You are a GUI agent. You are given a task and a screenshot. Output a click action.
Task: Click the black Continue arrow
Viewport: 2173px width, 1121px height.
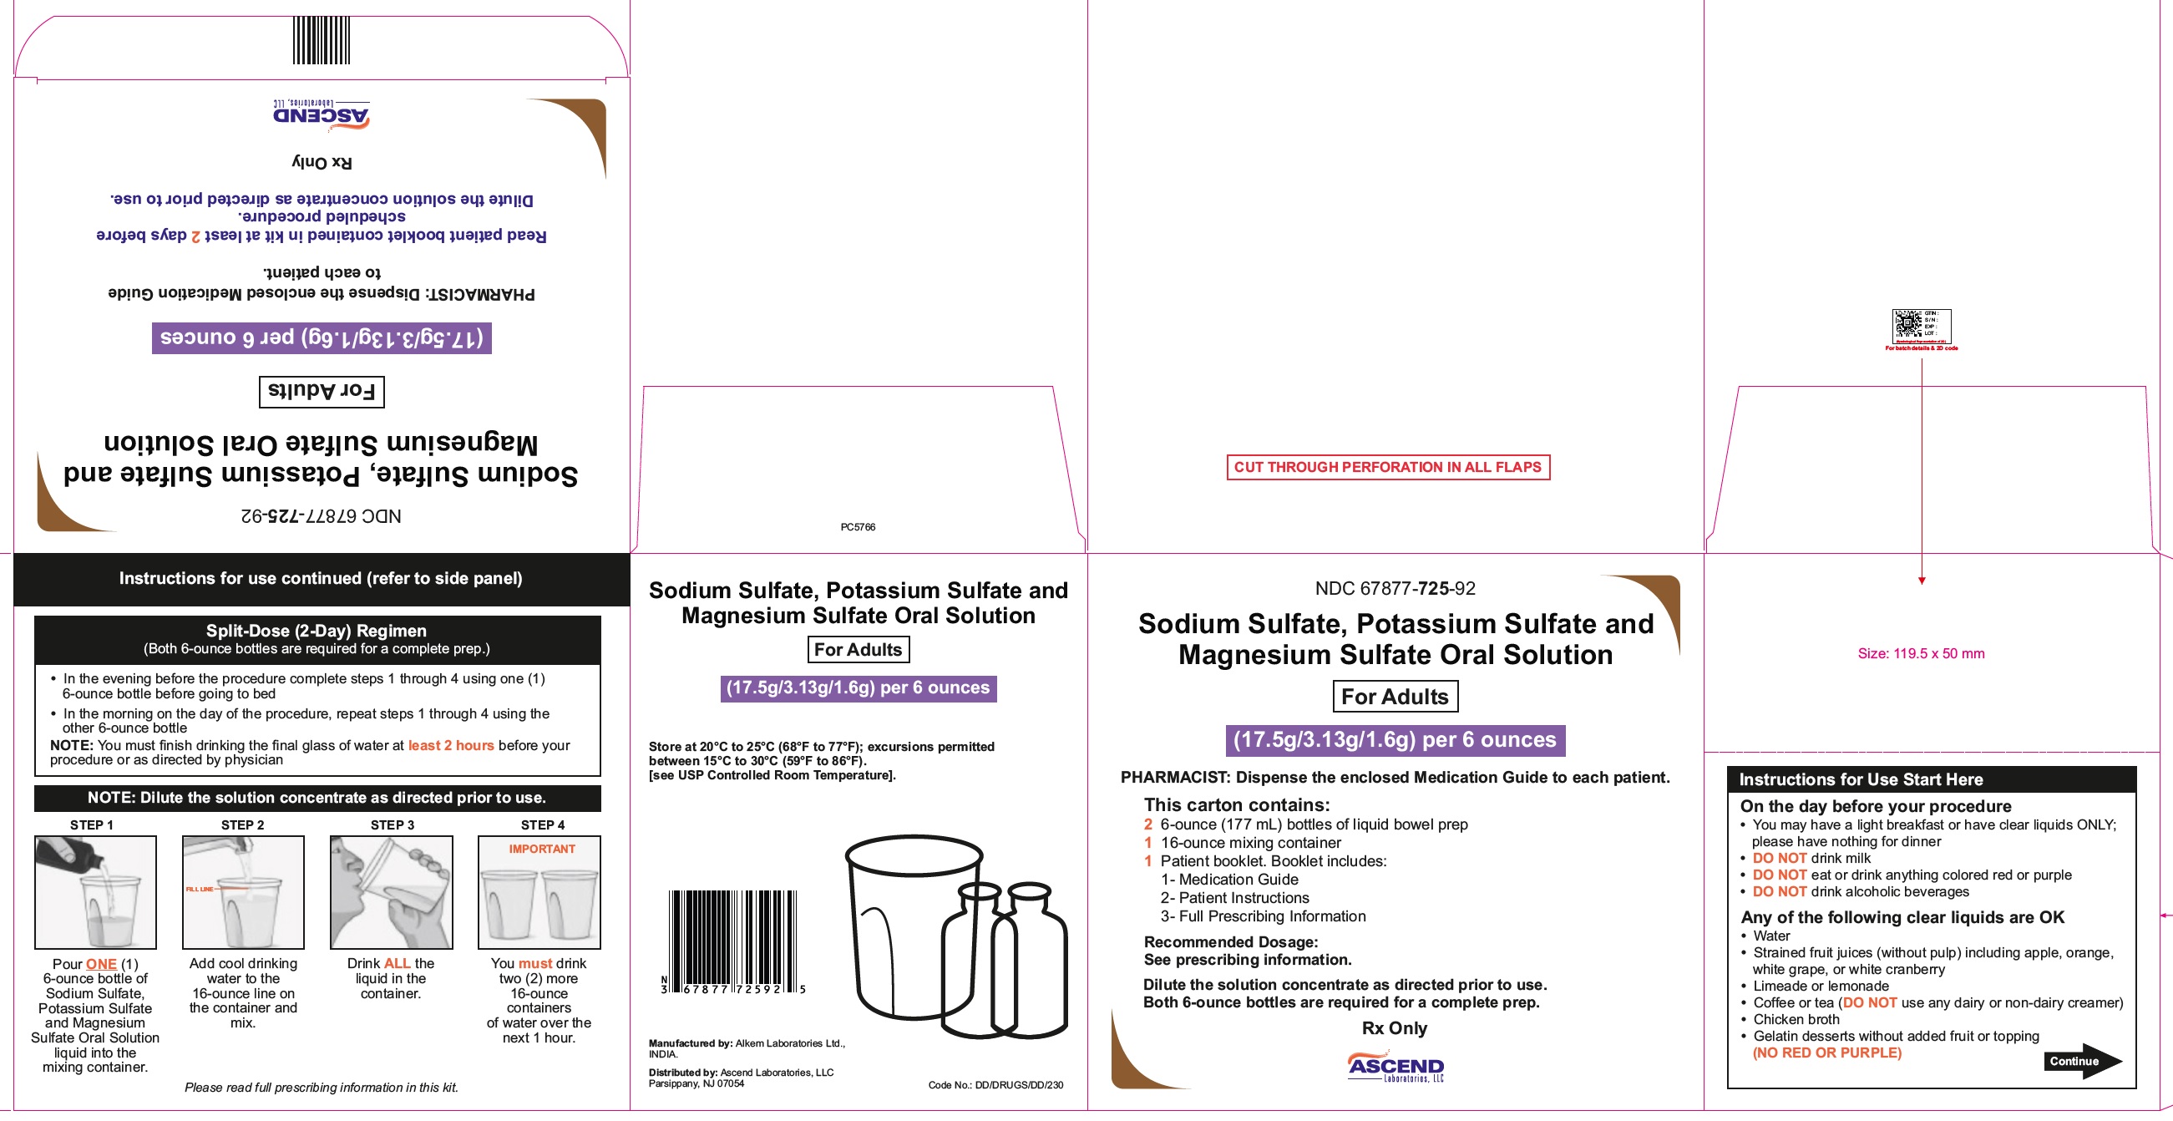(2081, 1060)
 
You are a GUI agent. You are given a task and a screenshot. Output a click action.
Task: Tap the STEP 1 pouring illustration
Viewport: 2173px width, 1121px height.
(95, 891)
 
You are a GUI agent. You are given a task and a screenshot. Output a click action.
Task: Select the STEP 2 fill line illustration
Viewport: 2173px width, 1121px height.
(243, 891)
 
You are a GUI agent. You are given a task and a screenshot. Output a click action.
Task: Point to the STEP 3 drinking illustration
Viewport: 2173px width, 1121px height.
(392, 891)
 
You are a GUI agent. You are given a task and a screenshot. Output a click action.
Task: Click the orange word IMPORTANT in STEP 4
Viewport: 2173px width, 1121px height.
(541, 849)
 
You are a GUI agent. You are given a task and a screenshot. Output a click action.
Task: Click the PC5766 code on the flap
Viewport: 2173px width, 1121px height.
(858, 527)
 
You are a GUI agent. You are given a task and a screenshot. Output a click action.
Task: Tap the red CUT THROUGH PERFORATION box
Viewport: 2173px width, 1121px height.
(1388, 467)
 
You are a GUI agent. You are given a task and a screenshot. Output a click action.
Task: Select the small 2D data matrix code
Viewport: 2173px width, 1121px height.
(1907, 325)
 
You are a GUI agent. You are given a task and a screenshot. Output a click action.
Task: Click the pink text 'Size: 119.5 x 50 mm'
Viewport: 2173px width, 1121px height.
(1921, 653)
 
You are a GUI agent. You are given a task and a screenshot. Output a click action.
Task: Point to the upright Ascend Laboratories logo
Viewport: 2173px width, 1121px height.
(1395, 1067)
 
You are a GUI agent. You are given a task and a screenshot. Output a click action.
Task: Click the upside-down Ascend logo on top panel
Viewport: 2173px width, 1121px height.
(322, 114)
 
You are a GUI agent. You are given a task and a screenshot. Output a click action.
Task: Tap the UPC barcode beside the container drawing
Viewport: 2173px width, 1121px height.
(733, 941)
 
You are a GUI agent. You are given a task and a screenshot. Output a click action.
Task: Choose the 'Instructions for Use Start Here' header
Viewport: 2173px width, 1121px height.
(1861, 779)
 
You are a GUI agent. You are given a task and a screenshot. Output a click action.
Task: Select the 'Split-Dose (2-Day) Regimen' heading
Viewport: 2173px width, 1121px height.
(317, 630)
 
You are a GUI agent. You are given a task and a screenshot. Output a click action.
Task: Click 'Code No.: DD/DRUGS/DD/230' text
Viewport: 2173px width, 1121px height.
(995, 1085)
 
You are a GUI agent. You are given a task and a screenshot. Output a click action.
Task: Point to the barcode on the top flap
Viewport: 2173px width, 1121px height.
(322, 39)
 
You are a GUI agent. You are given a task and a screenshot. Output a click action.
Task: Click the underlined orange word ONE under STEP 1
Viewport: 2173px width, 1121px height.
(101, 963)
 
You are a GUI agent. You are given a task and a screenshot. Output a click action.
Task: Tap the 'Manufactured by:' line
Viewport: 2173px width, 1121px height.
(747, 1043)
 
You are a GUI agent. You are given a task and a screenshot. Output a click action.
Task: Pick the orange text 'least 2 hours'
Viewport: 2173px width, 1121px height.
(450, 745)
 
